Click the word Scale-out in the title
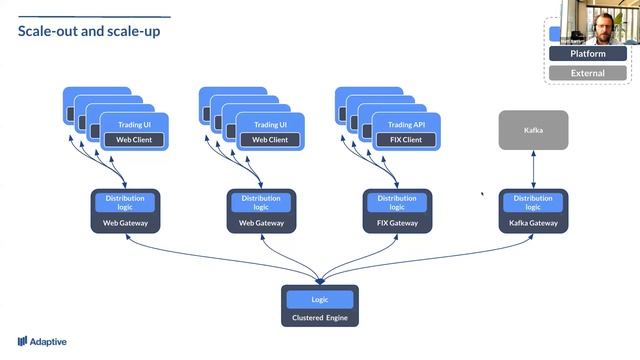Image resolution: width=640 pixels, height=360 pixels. (46, 31)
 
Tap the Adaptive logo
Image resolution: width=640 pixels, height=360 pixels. (42, 341)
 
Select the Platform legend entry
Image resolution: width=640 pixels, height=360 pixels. (587, 53)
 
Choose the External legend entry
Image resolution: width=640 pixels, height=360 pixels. (587, 73)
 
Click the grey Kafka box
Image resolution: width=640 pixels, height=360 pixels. (533, 131)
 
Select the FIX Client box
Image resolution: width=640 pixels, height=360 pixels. (405, 140)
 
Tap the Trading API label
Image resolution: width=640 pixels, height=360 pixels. (405, 124)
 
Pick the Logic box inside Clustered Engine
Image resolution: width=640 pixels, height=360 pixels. (320, 299)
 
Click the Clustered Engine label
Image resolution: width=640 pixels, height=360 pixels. (320, 318)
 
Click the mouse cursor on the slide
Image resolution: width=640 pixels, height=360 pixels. (483, 195)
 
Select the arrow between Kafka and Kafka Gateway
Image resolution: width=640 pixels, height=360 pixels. (533, 170)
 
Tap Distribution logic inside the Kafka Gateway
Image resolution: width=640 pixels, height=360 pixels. (533, 203)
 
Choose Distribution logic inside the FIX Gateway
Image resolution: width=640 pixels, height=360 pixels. (397, 203)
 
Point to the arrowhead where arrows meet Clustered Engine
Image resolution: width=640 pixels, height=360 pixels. (320, 280)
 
